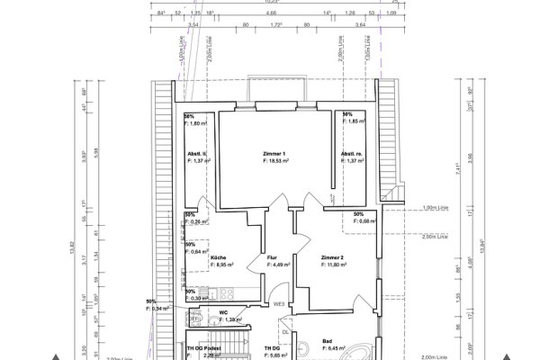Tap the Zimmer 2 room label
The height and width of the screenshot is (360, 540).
332,257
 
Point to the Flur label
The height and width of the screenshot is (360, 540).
272,257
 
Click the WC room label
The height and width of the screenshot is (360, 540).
223,312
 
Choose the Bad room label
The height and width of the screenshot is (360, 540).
327,340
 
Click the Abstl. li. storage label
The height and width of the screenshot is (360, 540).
197,154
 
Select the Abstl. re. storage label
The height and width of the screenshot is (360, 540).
351,154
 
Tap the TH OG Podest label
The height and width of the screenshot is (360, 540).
203,347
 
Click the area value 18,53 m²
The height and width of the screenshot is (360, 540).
277,162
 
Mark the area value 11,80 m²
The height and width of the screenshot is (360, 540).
336,265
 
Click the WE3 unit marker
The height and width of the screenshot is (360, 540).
280,304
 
